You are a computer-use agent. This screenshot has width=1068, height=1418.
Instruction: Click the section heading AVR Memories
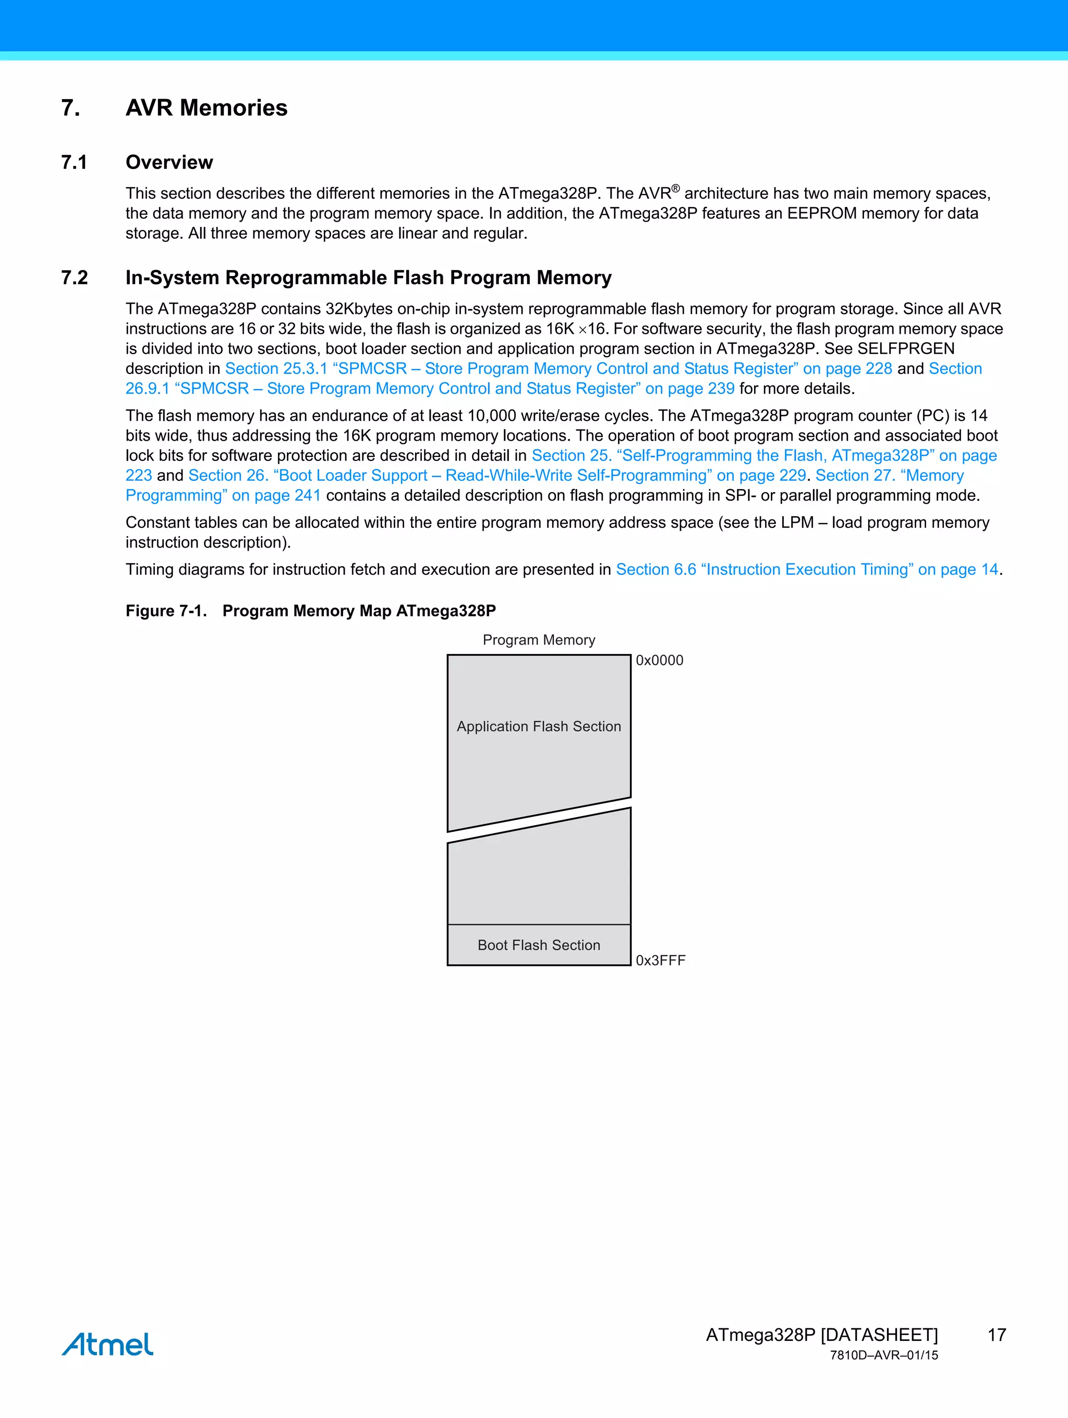coord(206,108)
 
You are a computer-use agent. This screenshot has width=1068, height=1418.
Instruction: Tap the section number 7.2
coord(75,277)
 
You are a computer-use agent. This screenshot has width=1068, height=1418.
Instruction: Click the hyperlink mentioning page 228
coord(557,369)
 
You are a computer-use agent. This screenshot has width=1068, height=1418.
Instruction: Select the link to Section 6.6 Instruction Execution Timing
coord(806,569)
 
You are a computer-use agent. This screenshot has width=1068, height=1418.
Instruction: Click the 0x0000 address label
coord(659,660)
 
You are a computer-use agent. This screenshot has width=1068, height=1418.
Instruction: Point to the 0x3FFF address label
coord(660,960)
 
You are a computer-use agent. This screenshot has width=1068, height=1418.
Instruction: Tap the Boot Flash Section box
coord(539,945)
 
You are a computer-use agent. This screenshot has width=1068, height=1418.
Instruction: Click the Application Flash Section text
coord(539,726)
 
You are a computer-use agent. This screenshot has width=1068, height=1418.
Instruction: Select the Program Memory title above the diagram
coord(539,640)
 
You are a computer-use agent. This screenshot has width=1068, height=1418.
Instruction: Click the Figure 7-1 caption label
coord(166,611)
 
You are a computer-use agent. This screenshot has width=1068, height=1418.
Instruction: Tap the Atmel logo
coord(108,1344)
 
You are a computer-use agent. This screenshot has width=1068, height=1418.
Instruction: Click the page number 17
coord(996,1335)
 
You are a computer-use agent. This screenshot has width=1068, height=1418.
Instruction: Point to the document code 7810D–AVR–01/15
coord(883,1355)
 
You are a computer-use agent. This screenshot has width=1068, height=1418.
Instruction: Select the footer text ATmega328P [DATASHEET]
coord(821,1335)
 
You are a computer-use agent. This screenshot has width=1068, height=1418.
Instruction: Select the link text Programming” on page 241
coord(223,495)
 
